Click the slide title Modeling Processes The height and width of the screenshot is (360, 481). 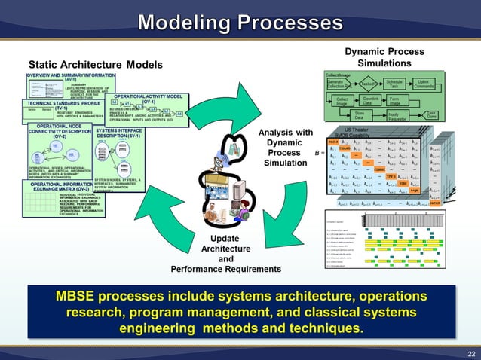click(x=240, y=22)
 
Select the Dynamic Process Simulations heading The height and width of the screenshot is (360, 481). click(x=384, y=56)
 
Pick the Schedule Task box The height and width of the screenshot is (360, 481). click(x=394, y=84)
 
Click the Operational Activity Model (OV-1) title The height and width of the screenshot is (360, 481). click(x=148, y=99)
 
